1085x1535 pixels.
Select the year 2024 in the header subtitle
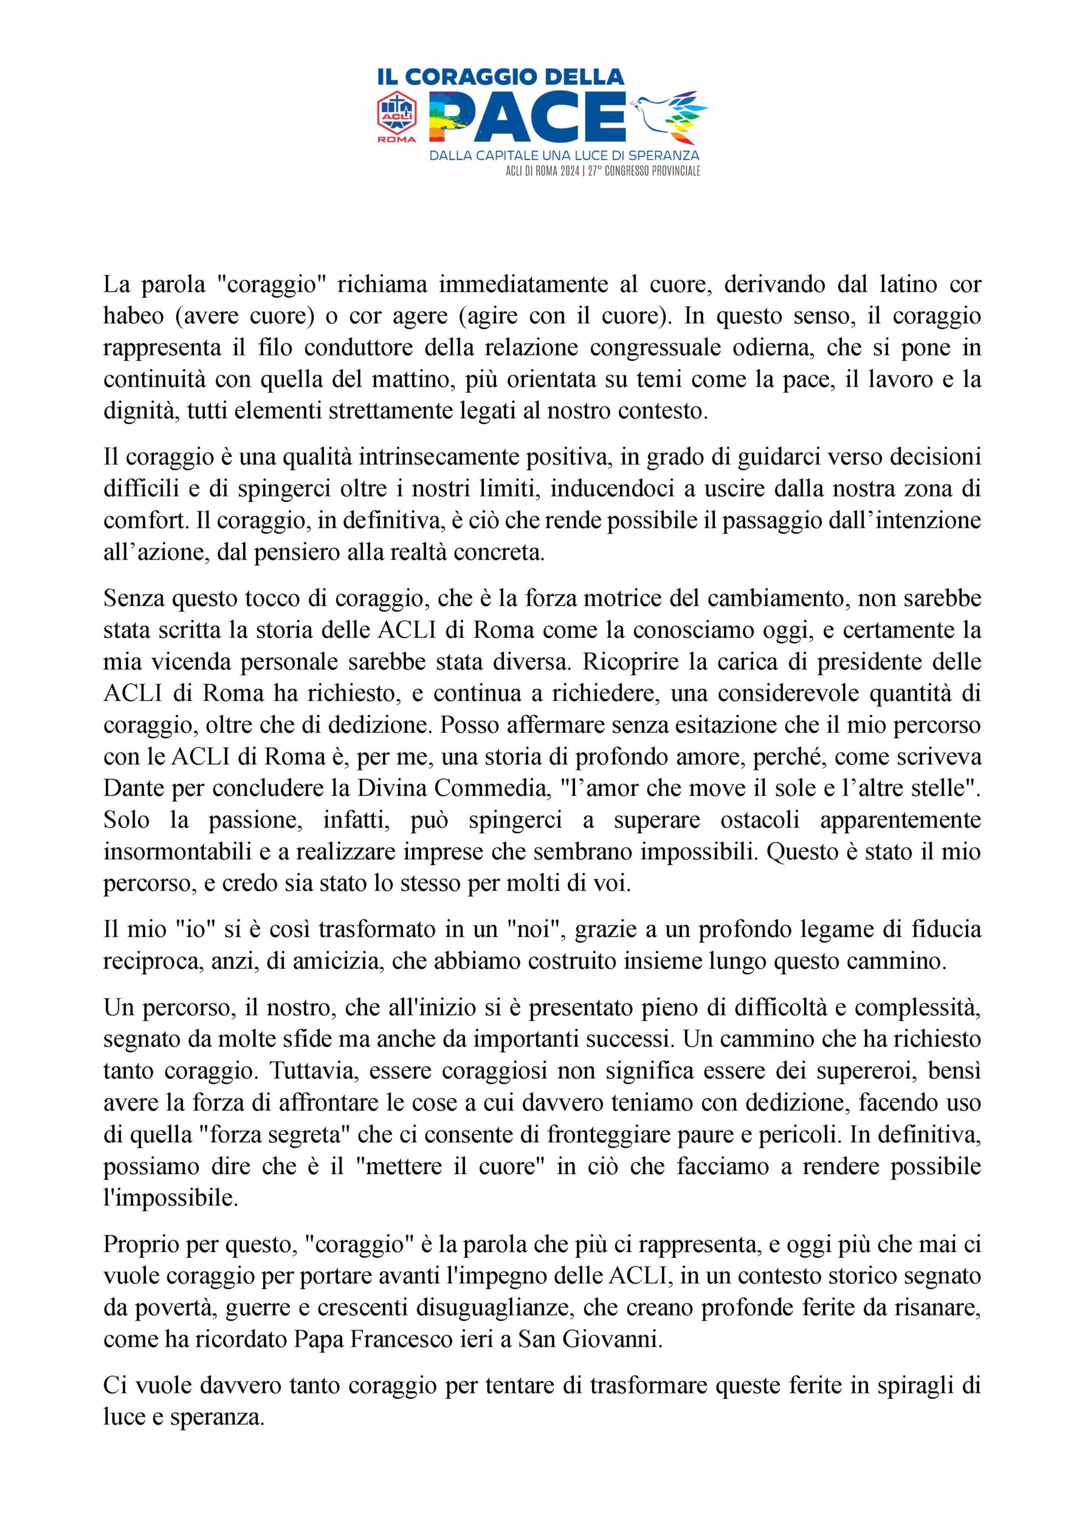point(569,171)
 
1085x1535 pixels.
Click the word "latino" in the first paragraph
point(909,284)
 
